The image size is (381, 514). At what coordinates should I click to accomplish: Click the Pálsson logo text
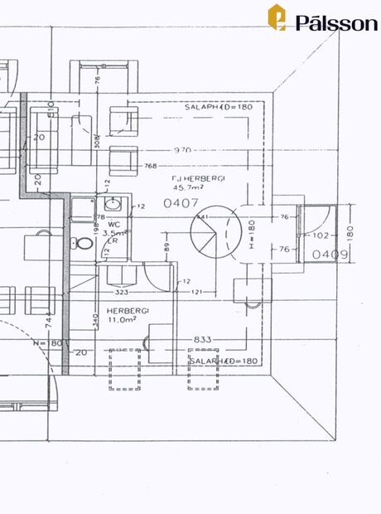pyautogui.click(x=336, y=23)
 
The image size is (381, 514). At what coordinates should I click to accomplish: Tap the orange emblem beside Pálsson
pyautogui.click(x=277, y=17)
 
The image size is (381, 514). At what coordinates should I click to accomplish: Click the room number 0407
pyautogui.click(x=181, y=201)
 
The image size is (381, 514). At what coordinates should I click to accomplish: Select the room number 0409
pyautogui.click(x=330, y=254)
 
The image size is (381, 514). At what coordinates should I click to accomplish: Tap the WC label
pyautogui.click(x=115, y=224)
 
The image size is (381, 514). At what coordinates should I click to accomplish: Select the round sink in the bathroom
pyautogui.click(x=113, y=205)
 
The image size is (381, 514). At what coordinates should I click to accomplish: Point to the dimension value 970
pyautogui.click(x=182, y=150)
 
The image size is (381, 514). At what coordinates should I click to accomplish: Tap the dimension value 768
pyautogui.click(x=151, y=166)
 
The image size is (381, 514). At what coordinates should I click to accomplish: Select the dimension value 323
pyautogui.click(x=120, y=293)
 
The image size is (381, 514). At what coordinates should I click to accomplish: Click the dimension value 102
pyautogui.click(x=321, y=235)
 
